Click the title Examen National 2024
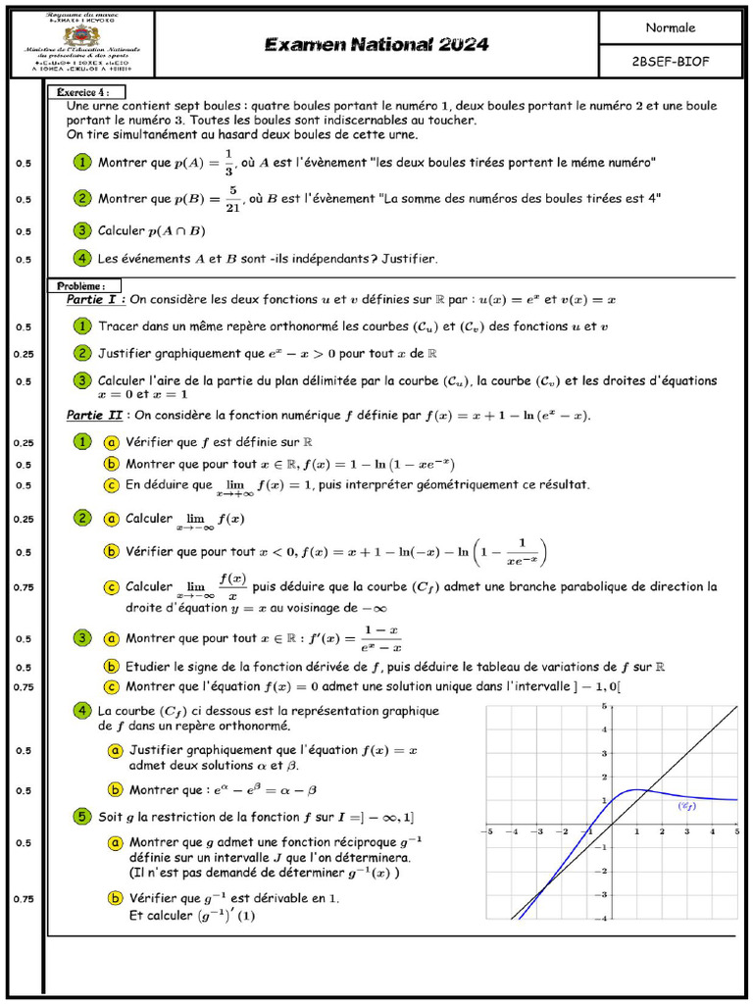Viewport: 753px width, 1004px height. (x=376, y=44)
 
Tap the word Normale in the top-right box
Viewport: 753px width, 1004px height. (x=671, y=27)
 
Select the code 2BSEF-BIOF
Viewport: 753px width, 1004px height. (x=671, y=61)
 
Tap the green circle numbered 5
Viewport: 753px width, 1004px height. (x=82, y=816)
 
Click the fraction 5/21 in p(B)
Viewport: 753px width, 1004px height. (x=232, y=198)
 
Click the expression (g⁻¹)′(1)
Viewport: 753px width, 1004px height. (x=226, y=916)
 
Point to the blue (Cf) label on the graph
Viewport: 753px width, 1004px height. (x=687, y=805)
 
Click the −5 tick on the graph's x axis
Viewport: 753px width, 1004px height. (x=487, y=831)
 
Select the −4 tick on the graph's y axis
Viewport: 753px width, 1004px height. (x=603, y=918)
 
